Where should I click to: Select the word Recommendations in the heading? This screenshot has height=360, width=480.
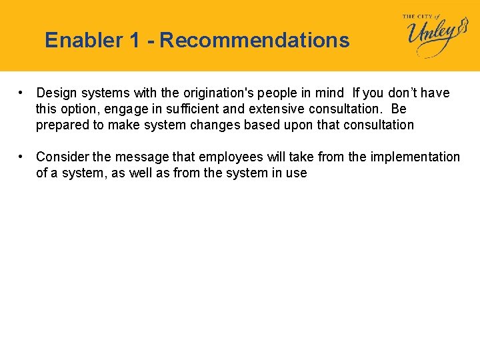pyautogui.click(x=255, y=41)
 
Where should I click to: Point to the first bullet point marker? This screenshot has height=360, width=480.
pyautogui.click(x=22, y=93)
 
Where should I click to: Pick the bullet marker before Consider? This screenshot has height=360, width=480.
pyautogui.click(x=22, y=157)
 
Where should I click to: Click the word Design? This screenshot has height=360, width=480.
pyautogui.click(x=57, y=93)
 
